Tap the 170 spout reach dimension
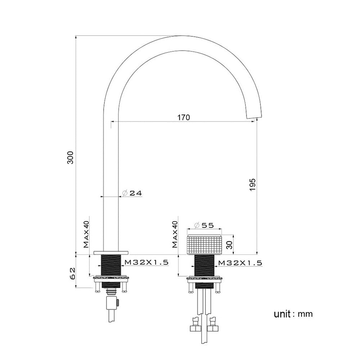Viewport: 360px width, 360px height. tap(184, 118)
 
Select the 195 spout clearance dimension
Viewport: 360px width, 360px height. tap(252, 185)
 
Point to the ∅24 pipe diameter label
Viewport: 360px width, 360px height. tap(132, 193)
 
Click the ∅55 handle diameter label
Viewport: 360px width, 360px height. tap(204, 225)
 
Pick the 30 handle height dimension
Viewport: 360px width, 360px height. tap(230, 245)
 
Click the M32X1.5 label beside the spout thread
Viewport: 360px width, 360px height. tap(147, 262)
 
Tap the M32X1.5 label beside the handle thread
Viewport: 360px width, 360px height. tap(240, 263)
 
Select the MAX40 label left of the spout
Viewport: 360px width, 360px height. tap(86, 234)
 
